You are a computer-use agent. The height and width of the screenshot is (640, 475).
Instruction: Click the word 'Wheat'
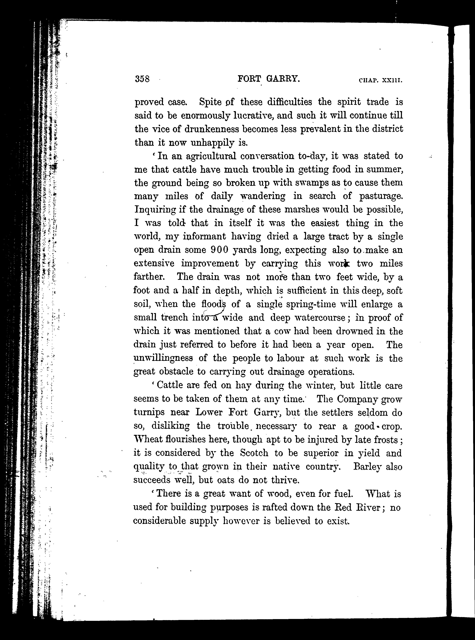click(148, 439)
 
